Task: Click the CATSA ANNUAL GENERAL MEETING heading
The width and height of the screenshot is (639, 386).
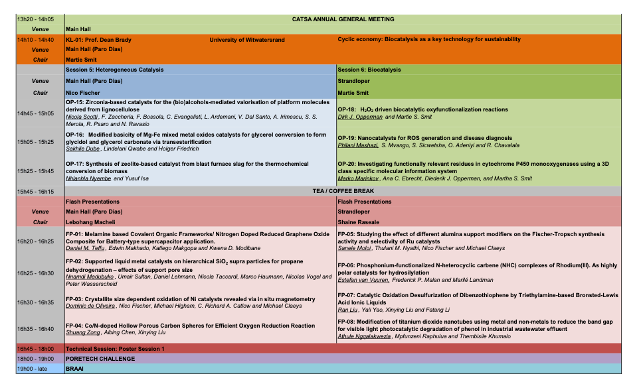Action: [343, 19]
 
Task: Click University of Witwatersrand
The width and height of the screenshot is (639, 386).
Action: [247, 40]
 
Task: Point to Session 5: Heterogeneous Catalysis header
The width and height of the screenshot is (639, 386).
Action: [114, 70]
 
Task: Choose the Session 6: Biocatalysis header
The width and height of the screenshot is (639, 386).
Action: [369, 70]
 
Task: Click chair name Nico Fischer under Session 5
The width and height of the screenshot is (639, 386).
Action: [82, 93]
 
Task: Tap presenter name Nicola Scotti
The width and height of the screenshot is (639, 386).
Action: [82, 117]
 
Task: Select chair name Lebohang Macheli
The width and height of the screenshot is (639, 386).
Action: [90, 222]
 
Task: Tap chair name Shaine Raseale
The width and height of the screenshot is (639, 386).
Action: [360, 222]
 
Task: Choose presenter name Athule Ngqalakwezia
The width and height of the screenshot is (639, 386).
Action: [366, 337]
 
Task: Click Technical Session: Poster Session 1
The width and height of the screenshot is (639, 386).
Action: [114, 348]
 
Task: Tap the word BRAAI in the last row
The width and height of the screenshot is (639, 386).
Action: [74, 369]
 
